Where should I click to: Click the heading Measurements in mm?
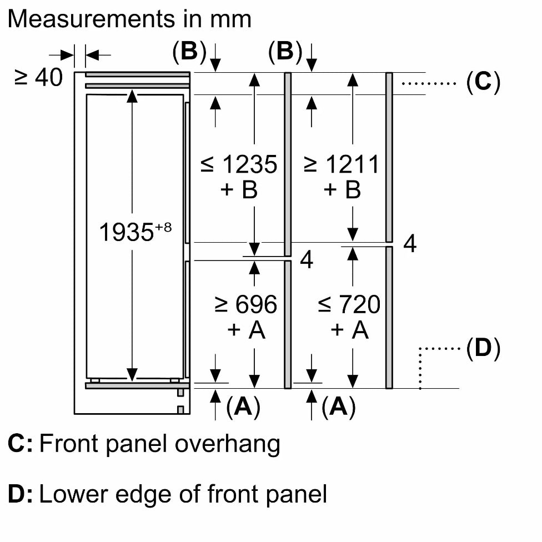pos(129,19)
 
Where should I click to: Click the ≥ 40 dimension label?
pos(38,77)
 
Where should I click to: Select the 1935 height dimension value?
pos(126,232)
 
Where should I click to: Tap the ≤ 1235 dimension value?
pos(239,164)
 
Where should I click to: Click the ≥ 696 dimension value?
pos(246,304)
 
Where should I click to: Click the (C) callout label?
pos(483,82)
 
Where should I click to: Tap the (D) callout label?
pos(483,348)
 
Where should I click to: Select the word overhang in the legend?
pos(228,444)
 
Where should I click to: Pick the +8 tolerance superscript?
pos(163,228)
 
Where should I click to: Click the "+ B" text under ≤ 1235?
pos(239,190)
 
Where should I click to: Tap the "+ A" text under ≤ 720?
pos(349,330)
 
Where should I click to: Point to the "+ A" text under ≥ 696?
pos(246,330)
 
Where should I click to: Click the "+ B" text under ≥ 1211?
pos(342,190)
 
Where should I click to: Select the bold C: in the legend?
pos(20,444)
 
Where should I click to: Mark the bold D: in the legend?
pos(20,494)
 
